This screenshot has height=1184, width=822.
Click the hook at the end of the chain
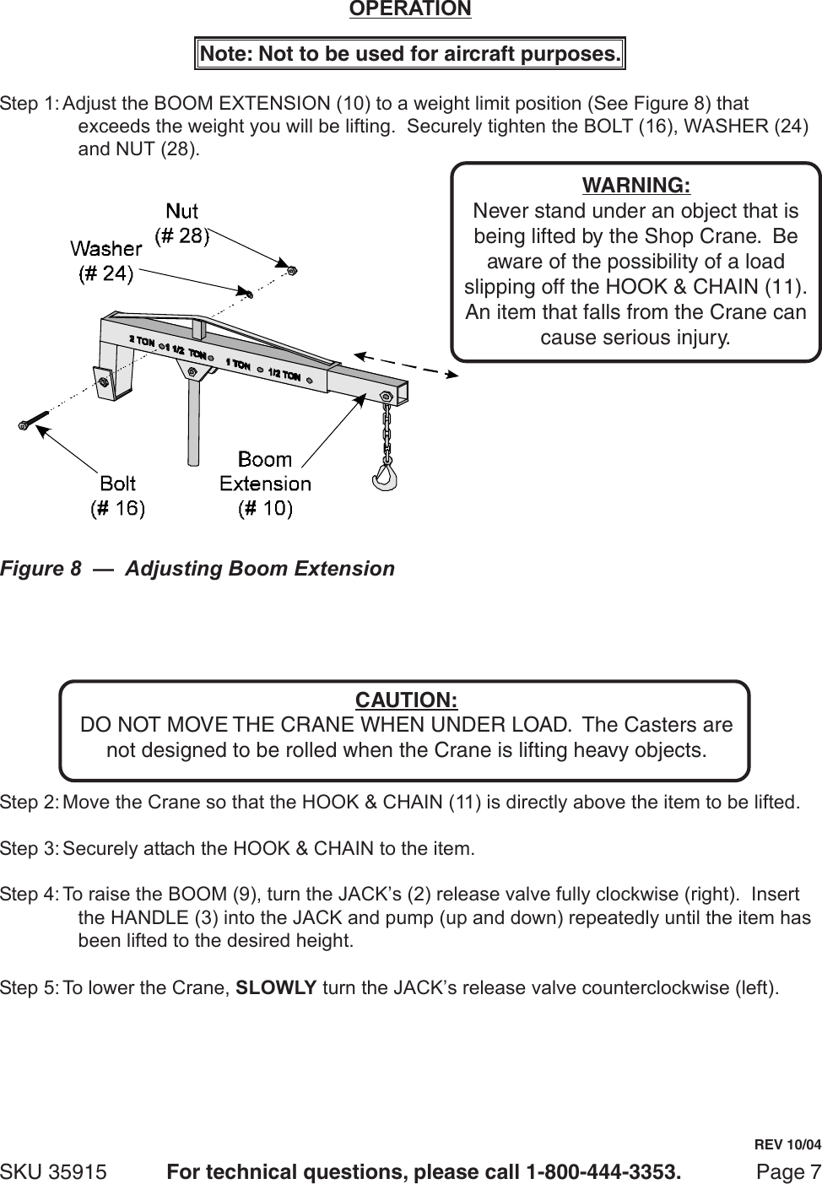coord(384,478)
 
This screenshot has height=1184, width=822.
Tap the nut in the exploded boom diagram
coord(292,270)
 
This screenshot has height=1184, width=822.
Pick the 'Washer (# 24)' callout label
coord(105,261)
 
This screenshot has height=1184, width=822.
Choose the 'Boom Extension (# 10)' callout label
coord(265,484)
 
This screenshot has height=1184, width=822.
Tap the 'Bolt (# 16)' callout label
coord(117,495)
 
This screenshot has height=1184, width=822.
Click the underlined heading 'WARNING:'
coord(635,185)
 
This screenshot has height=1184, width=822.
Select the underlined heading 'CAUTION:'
coord(406,700)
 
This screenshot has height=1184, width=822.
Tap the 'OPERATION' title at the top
coord(410,9)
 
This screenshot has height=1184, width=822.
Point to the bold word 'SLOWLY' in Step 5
coord(276,987)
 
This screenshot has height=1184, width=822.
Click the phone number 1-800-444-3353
coord(603,1172)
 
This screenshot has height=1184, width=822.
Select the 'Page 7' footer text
coord(788,1172)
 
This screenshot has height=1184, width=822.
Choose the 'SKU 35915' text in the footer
coord(53,1172)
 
